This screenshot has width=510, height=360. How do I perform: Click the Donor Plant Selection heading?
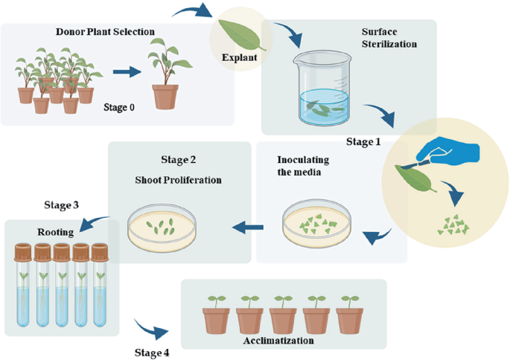pyautogui.click(x=105, y=32)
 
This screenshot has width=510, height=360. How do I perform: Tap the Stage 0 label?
pyautogui.click(x=119, y=107)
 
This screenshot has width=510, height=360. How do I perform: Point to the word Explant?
pyautogui.click(x=240, y=57)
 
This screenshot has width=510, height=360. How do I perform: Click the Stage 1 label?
pyautogui.click(x=364, y=141)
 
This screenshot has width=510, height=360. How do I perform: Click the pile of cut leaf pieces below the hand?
pyautogui.click(x=450, y=224)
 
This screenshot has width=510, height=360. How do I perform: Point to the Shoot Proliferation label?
pyautogui.click(x=178, y=179)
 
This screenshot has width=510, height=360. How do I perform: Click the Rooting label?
pyautogui.click(x=55, y=232)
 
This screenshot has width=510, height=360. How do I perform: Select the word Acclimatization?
pyautogui.click(x=278, y=341)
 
